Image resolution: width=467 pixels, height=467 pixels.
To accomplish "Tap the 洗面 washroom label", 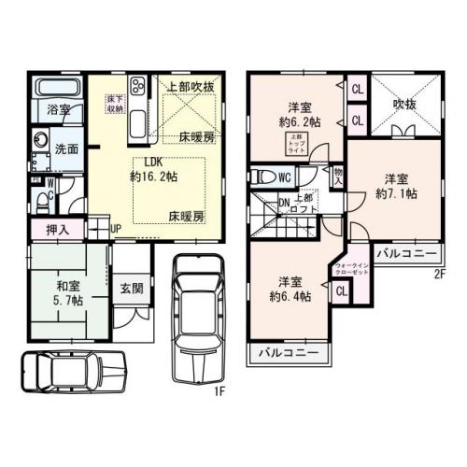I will (x=64, y=149).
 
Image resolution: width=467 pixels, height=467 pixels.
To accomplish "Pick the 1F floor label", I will (x=221, y=390).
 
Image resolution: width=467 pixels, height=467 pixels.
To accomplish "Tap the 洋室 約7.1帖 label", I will (x=396, y=185).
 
